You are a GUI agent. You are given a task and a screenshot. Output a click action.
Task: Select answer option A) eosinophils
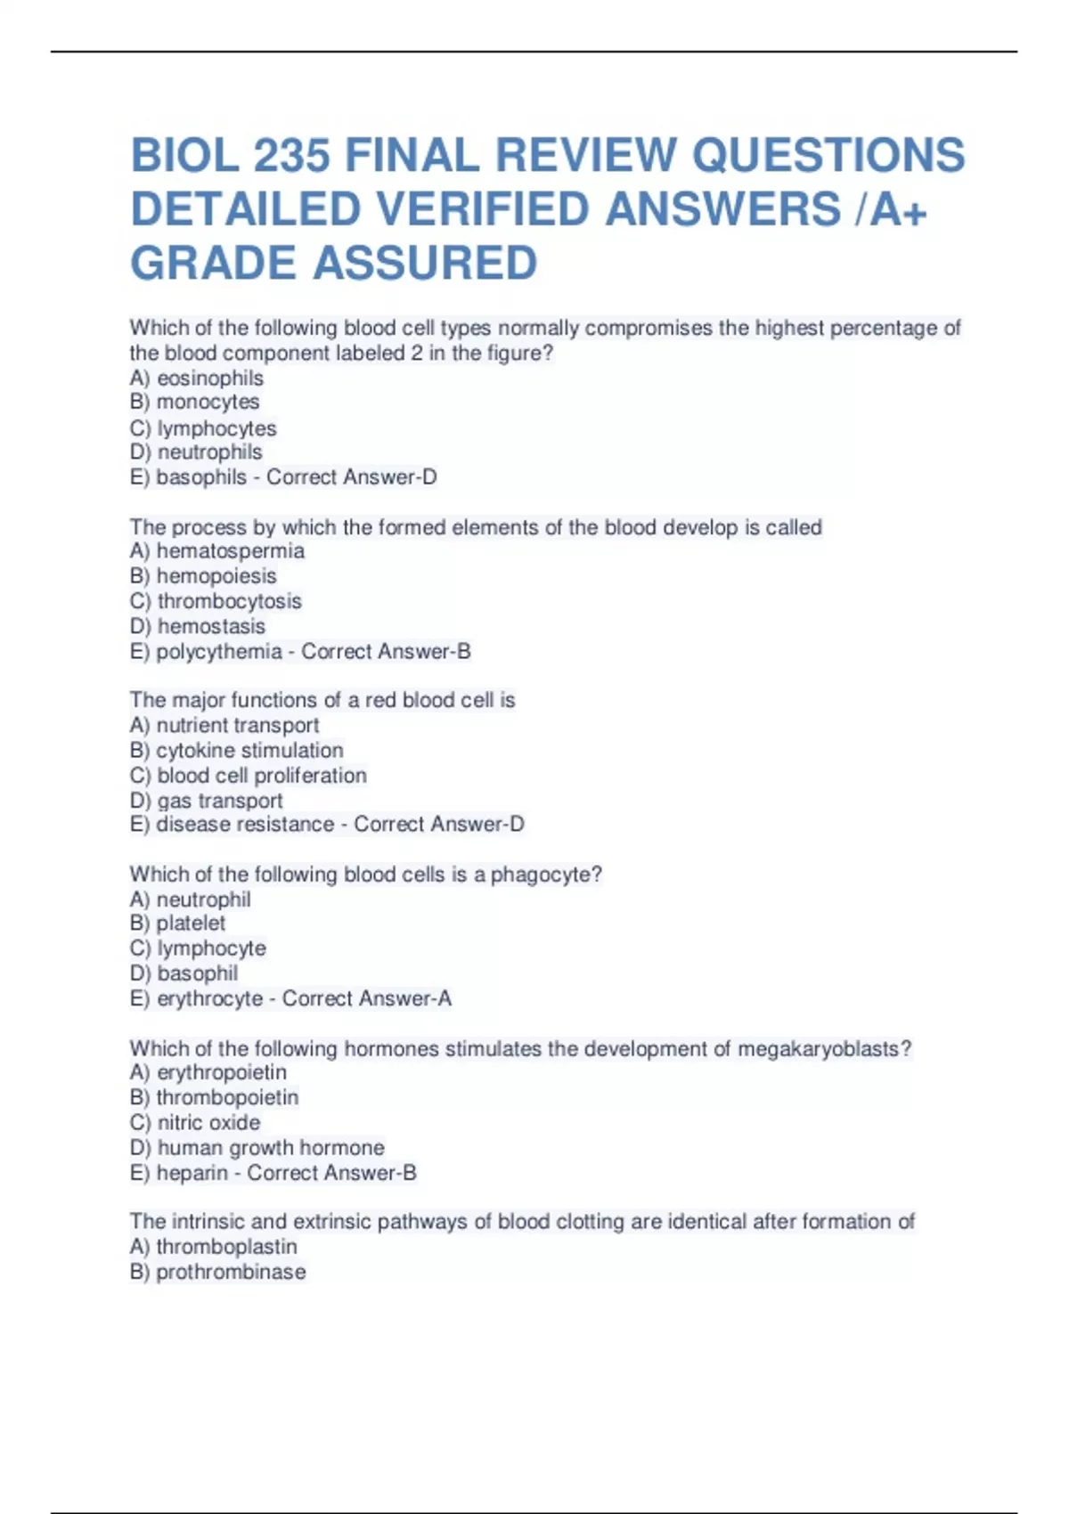point(196,378)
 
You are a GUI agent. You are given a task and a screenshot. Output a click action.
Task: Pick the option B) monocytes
point(194,403)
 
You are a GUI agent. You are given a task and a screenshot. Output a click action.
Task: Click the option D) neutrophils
point(196,452)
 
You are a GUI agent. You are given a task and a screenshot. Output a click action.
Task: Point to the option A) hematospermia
point(216,551)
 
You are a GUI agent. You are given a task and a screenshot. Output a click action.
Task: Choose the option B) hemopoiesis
point(203,576)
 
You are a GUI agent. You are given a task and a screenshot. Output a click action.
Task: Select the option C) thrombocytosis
point(216,601)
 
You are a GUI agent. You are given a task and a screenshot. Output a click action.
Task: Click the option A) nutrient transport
point(224,726)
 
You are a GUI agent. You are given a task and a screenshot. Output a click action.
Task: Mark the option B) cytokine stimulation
point(236,751)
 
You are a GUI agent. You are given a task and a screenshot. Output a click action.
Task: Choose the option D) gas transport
point(206,801)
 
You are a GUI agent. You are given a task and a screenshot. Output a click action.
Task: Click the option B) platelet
point(177,924)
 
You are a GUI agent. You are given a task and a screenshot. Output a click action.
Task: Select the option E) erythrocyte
point(196,999)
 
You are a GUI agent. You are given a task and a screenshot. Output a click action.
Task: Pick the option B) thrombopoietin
point(214,1097)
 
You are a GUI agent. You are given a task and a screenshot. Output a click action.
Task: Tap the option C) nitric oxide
point(195,1122)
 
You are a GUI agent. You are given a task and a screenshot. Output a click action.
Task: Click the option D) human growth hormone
point(257,1148)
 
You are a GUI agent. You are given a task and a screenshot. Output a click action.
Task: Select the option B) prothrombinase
point(217,1272)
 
